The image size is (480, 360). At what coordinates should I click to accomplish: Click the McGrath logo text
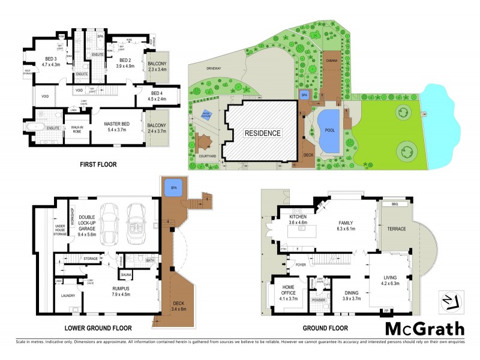point(424,329)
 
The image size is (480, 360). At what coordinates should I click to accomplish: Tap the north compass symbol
point(454,300)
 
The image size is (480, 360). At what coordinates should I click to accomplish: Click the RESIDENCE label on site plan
point(262,133)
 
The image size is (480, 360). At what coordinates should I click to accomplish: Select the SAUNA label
point(126,275)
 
